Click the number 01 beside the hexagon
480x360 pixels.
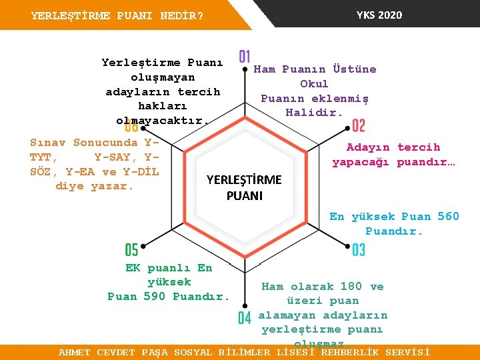click(x=245, y=57)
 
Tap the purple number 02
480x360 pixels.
click(x=358, y=125)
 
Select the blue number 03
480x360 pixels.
click(x=358, y=250)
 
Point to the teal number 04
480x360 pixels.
click(x=245, y=318)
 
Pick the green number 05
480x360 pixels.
click(x=131, y=250)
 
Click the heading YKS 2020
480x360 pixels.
click(x=379, y=15)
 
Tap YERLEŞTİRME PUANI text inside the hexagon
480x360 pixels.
click(x=244, y=187)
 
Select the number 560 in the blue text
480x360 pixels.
click(x=448, y=216)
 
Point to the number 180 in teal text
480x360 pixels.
click(x=351, y=286)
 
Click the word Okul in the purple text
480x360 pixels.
click(x=314, y=83)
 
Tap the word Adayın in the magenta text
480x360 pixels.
click(x=369, y=147)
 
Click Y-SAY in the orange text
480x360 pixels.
click(x=111, y=157)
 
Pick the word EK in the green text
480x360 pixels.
click(x=133, y=267)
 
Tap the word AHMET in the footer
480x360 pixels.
click(x=74, y=352)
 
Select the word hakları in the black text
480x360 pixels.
click(x=162, y=106)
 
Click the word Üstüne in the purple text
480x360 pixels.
click(x=354, y=69)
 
